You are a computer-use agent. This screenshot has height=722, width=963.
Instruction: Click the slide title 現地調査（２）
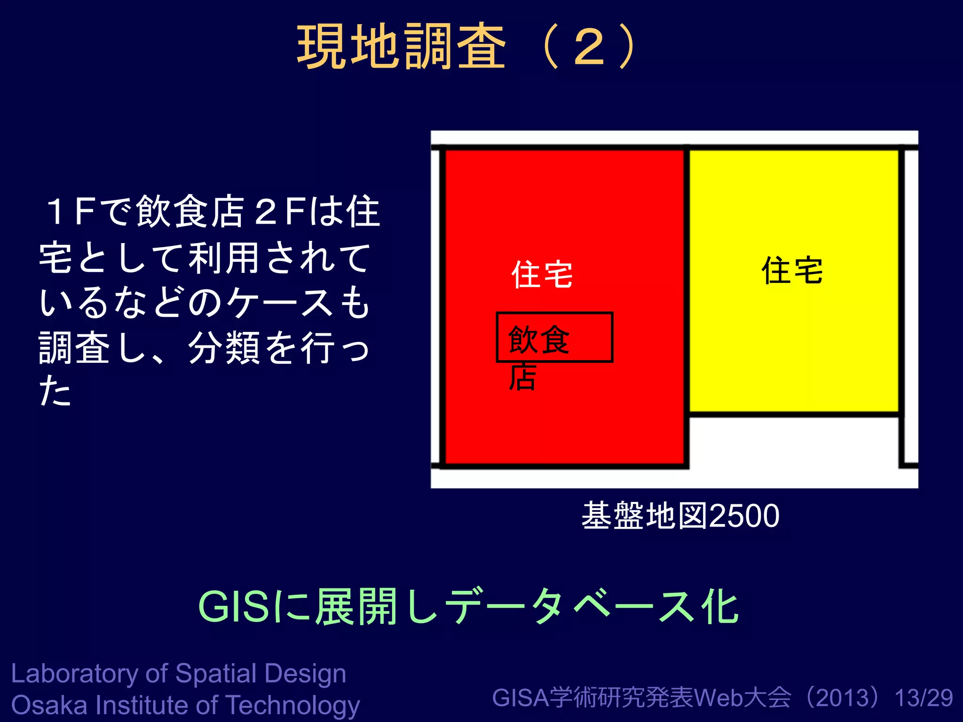468,47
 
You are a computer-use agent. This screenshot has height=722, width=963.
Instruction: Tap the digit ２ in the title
589,47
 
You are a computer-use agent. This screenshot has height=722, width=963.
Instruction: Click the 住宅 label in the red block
542,275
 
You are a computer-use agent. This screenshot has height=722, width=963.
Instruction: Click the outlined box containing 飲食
554,337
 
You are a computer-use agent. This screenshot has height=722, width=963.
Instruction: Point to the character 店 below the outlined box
522,377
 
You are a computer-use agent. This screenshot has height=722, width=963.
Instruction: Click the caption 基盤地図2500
680,516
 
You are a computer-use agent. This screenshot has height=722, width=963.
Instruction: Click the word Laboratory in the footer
75,674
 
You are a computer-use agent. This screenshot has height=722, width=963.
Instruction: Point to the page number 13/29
924,698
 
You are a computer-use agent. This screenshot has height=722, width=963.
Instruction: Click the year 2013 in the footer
845,698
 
